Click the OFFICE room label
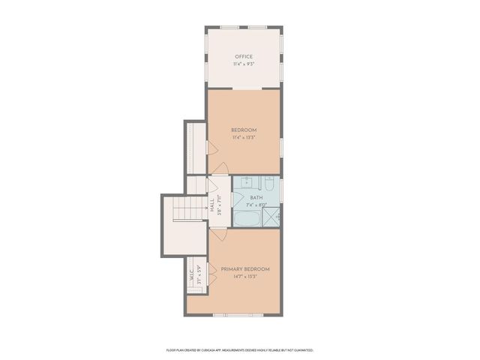[x=243, y=57]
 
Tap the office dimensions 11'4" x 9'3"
[x=243, y=64]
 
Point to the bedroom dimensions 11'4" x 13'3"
[x=244, y=137]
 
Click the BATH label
[x=256, y=198]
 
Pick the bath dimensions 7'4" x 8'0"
[x=257, y=205]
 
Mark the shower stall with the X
[x=275, y=217]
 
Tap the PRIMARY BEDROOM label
[x=244, y=268]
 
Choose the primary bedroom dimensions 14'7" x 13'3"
[x=244, y=276]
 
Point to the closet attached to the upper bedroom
[x=196, y=147]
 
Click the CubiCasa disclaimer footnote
[x=240, y=349]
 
